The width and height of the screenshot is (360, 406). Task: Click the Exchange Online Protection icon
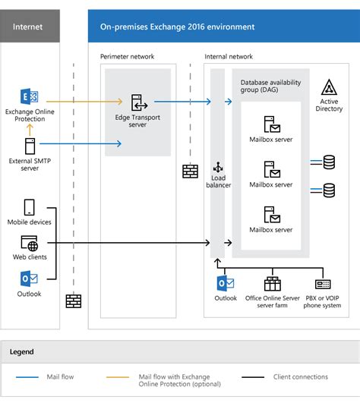coord(30,98)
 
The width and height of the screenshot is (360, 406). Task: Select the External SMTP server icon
coord(30,146)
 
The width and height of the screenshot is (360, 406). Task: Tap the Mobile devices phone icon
coord(30,207)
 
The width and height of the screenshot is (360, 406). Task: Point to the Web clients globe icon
coord(30,244)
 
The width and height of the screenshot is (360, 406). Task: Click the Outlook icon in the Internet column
coord(30,279)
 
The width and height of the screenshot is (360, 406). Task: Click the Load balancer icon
coord(219,168)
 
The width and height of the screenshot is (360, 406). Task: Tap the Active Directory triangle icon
coord(329,87)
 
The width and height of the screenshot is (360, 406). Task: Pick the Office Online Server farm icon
coord(272,284)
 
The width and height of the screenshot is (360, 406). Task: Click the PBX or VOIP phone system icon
coord(323,284)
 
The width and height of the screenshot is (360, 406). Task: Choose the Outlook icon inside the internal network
coord(225,284)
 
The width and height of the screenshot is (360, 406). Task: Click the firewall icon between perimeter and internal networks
coord(190,172)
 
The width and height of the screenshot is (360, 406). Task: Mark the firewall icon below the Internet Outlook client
coord(73,301)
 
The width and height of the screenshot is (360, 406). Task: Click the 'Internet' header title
coord(28,27)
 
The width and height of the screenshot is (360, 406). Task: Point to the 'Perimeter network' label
coord(127,57)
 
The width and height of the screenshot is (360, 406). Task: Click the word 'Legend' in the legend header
coord(22,352)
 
